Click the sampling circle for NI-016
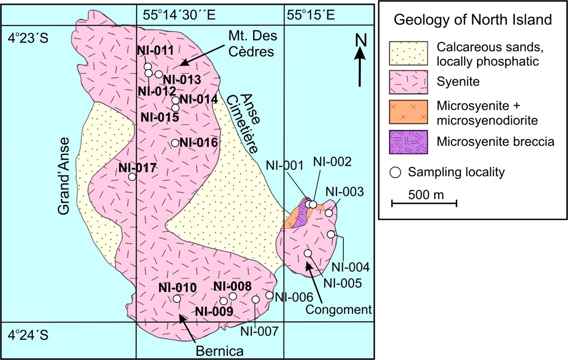tap(175, 143)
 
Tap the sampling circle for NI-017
tap(132, 177)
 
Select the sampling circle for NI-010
tap(176, 299)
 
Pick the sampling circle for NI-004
tap(331, 234)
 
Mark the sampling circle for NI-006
tap(269, 295)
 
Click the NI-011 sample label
tap(155, 50)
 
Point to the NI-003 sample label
tap(344, 192)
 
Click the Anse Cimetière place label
tap(243, 124)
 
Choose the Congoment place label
tap(339, 309)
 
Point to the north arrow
tap(359, 61)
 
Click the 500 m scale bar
tap(424, 203)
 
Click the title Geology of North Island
tap(473, 21)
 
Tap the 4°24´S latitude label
tap(28, 335)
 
